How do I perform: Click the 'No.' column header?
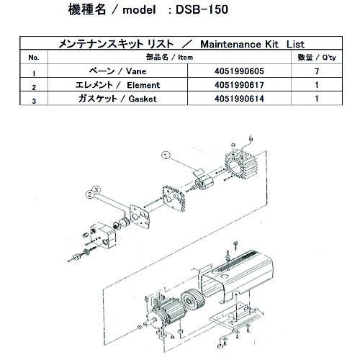(33, 57)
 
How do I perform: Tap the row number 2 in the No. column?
(33, 87)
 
